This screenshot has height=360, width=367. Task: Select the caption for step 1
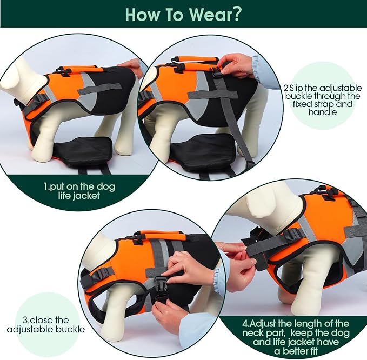[x=79, y=191]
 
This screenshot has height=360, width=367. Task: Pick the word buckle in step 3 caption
[x=70, y=329]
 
